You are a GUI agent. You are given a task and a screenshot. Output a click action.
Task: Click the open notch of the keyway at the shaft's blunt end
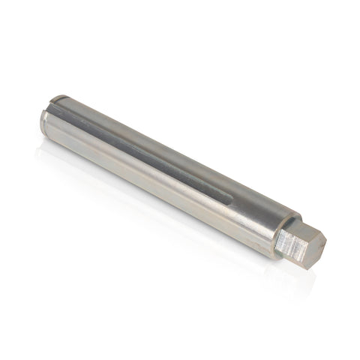(x=58, y=100)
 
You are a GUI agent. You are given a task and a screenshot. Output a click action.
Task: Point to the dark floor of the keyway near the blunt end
(x=82, y=112)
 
